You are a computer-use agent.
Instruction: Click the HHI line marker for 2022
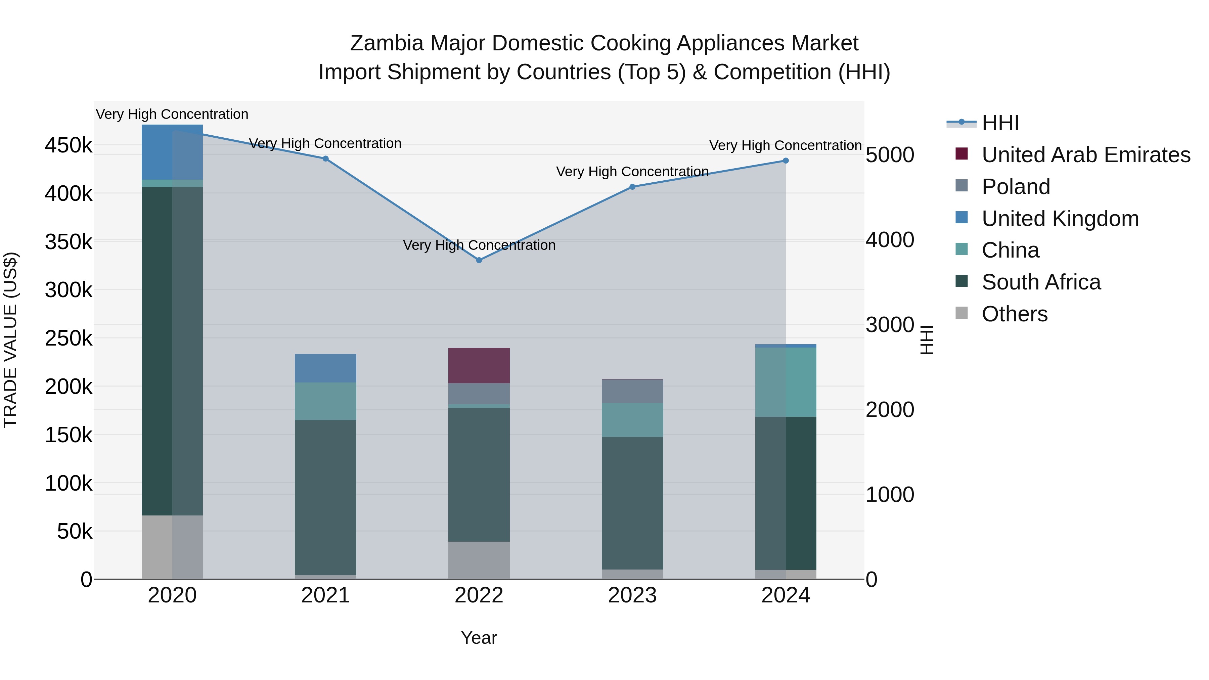pos(479,260)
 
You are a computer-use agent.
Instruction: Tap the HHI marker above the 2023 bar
pos(632,187)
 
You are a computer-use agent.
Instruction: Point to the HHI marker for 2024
pos(786,161)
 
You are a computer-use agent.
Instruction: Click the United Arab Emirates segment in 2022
pos(479,366)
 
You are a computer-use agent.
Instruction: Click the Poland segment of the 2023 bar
pos(632,391)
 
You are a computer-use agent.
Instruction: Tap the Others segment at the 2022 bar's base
pos(479,560)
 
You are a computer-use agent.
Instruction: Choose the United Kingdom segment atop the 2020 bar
pos(172,152)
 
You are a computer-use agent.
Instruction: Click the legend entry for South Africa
pos(1041,282)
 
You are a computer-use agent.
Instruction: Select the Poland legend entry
pos(1016,187)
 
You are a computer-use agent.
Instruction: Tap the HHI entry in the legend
pos(1000,123)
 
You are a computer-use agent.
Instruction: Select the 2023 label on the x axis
pos(632,595)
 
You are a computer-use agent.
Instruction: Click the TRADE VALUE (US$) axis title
pos(11,340)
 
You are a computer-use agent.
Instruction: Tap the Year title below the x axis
pos(479,638)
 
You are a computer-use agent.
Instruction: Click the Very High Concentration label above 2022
pos(479,245)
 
